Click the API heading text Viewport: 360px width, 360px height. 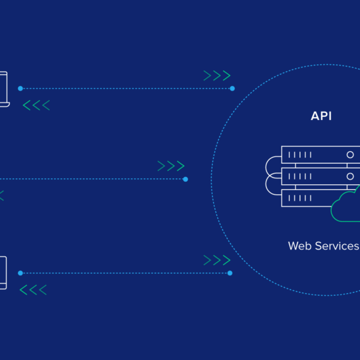(321, 116)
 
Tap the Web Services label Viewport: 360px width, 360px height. (323, 245)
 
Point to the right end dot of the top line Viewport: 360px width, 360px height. (232, 88)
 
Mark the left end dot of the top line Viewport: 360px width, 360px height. (20, 88)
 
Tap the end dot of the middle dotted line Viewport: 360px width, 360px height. (185, 179)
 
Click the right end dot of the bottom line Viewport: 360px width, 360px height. (230, 273)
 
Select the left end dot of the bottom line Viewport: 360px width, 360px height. (20, 273)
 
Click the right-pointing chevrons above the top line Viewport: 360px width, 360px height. (217, 76)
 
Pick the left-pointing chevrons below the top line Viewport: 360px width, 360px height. (36, 106)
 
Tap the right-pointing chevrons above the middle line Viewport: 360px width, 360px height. (171, 166)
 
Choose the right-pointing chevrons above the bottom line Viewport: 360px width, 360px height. (217, 260)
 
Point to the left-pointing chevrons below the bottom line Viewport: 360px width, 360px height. (33, 290)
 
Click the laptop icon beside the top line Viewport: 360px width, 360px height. (4, 89)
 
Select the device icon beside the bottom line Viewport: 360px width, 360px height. (3, 272)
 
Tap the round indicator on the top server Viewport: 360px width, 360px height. (349, 155)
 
